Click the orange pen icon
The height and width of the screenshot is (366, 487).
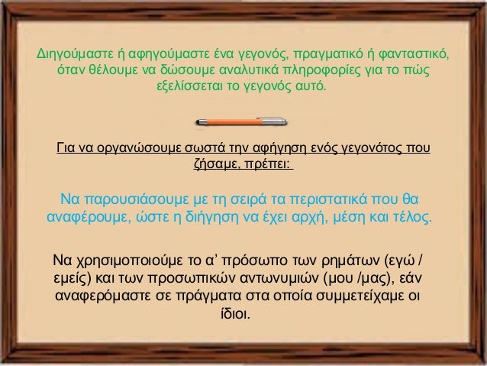point(243,119)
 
